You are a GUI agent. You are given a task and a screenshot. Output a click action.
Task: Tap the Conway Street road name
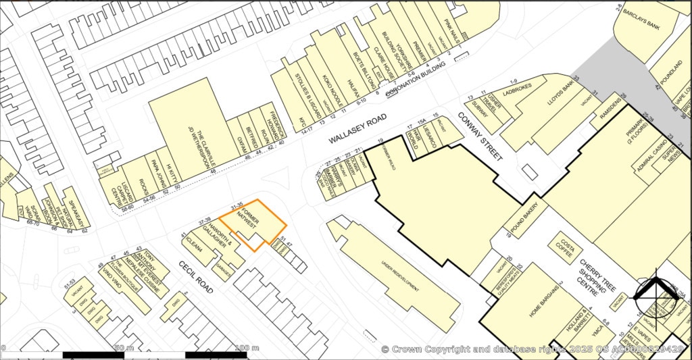[x=480, y=136]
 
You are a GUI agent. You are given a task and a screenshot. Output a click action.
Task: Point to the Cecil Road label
[x=196, y=277]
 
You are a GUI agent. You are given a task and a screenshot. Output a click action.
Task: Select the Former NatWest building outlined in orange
[x=251, y=222]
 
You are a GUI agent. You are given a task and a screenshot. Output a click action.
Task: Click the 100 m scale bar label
[x=240, y=348]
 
